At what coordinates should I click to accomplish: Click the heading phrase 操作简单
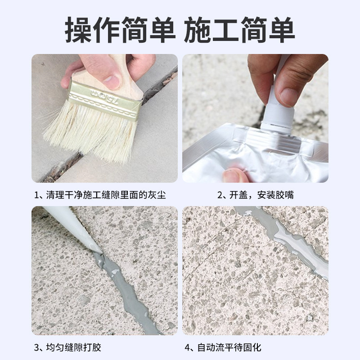tap(120, 30)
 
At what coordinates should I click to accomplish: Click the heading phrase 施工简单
tap(239, 30)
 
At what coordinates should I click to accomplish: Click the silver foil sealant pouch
tap(252, 157)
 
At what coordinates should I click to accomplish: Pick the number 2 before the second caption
tap(220, 195)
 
